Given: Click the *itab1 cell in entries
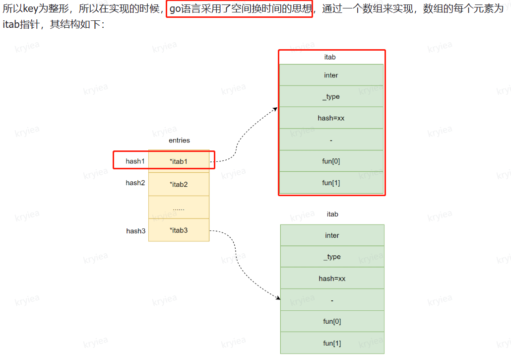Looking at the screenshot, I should coord(179,161).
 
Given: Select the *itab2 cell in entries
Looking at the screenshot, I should coord(179,184).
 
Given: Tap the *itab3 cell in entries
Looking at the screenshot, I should coord(179,230).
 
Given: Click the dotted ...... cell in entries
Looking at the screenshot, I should coord(179,208).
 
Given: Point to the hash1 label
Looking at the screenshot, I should coord(135,161).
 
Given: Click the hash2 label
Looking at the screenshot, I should coord(135,183).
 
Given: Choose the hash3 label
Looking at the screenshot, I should coord(135,231).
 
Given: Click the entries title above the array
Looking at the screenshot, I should coord(179,141).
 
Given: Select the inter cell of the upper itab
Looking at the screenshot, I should coord(331,75).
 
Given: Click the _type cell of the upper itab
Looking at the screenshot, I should coord(331,96).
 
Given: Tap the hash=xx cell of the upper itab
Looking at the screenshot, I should coord(331,118).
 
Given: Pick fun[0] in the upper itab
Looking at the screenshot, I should coord(331,161).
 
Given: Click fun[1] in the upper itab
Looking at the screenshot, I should coord(331,183).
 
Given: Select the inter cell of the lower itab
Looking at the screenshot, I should coord(332,235).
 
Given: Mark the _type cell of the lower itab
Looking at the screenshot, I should coord(332,257).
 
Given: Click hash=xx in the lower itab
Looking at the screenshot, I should coord(332,279).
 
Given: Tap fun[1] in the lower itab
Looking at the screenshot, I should coord(332,343).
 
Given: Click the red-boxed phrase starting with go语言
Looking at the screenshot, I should coord(239,9).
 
